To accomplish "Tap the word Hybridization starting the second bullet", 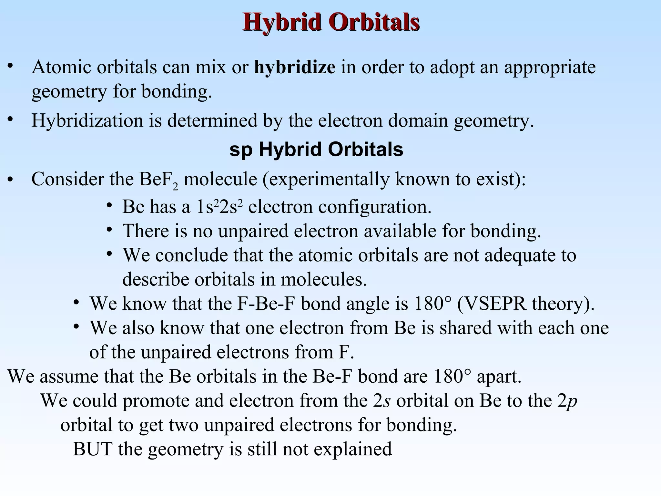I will tap(87, 121).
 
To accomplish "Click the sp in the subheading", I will tap(241, 150).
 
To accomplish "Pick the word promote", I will tap(156, 401).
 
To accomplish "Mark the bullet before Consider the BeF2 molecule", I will tap(11, 180).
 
